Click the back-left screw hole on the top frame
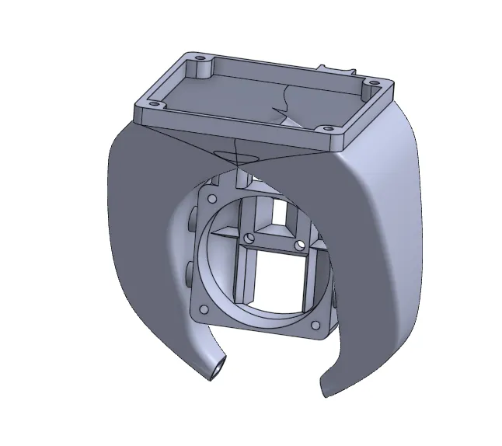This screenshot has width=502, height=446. tap(200, 59)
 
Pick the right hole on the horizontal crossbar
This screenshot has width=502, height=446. tap(301, 246)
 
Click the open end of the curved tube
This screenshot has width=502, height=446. tap(217, 368)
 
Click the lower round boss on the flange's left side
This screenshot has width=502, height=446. tap(189, 273)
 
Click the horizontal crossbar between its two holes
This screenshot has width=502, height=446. tap(274, 242)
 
